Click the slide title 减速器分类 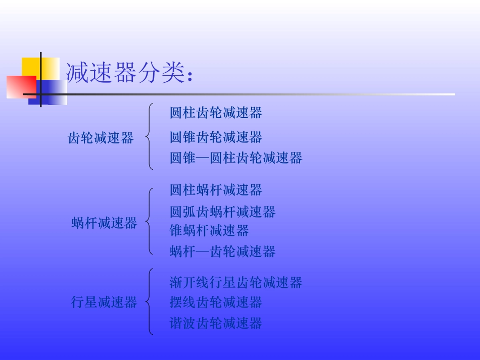coord(129,73)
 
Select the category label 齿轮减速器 coord(101,138)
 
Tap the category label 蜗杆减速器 coord(104,223)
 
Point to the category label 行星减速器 coord(104,302)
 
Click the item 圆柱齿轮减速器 coord(216,113)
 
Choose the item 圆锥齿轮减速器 coord(216,137)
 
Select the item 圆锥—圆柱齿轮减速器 coord(236,158)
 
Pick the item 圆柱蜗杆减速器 coord(216,190)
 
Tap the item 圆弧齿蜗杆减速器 coord(222,212)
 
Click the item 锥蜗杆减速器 coord(209,231)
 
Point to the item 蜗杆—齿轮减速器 coord(222,251)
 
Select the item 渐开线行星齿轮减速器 coord(236,282)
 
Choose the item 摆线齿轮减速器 coord(216,302)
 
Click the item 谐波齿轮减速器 coord(216,323)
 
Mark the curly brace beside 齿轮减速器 coord(149,136)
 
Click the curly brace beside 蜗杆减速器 coord(149,221)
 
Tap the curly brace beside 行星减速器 coord(149,302)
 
